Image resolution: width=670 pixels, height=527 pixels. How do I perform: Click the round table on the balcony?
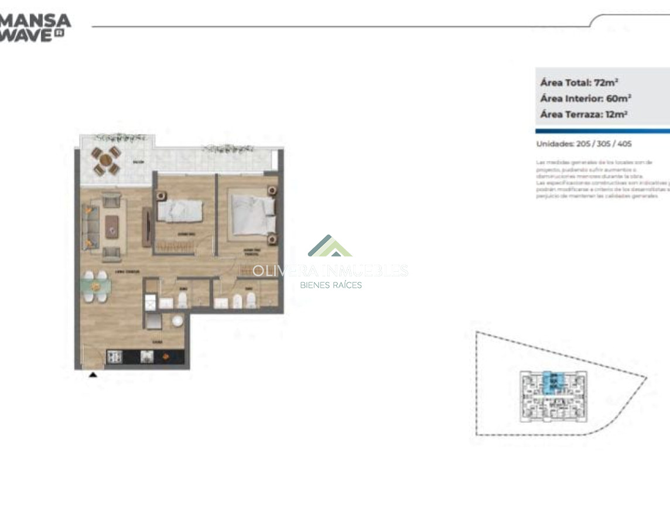pyautogui.click(x=106, y=160)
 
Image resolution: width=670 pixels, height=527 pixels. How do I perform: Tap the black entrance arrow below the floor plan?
pyautogui.click(x=93, y=375)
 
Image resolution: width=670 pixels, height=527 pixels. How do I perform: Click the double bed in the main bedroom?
pyautogui.click(x=252, y=214)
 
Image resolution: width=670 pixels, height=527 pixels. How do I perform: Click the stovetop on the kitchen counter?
pyautogui.click(x=114, y=356)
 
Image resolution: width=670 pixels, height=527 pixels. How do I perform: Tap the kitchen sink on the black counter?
pyautogui.click(x=146, y=356)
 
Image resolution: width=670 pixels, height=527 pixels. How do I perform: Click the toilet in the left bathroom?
pyautogui.click(x=183, y=301)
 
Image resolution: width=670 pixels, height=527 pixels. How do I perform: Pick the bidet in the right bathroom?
pyautogui.click(x=238, y=301)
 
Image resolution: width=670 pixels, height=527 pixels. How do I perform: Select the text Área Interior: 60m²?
pyautogui.click(x=585, y=98)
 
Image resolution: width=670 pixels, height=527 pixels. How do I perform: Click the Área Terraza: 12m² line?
pyautogui.click(x=583, y=115)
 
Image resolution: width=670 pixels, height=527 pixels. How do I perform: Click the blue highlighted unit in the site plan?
pyautogui.click(x=551, y=382)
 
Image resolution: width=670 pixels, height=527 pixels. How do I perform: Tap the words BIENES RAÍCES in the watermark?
pyautogui.click(x=330, y=285)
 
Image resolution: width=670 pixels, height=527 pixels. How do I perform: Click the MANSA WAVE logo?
pyautogui.click(x=35, y=27)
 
